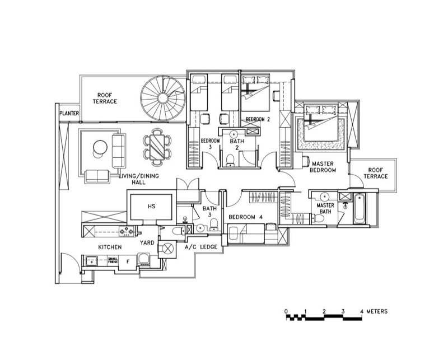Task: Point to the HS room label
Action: [151, 207]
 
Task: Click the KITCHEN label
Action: [110, 246]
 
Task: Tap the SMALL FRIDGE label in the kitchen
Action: [113, 260]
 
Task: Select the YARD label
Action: [147, 244]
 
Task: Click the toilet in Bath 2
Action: [230, 161]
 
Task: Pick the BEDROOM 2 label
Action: [258, 120]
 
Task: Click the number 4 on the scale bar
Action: [362, 311]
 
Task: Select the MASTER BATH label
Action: [325, 208]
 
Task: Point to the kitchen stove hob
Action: [124, 230]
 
